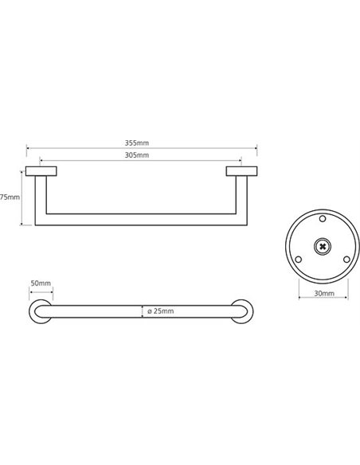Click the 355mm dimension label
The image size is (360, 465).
pos(137,143)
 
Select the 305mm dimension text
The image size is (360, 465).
pos(137,155)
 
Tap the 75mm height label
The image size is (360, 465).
pos(10,197)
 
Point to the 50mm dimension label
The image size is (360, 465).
pos(41,283)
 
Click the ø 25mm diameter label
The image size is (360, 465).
pos(160,311)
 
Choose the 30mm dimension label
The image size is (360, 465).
pos(324,293)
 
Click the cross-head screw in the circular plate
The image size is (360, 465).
pos(323,246)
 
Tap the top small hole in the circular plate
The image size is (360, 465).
pos(323,219)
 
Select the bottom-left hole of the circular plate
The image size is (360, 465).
pos(299,260)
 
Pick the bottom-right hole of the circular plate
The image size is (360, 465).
pos(346,260)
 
